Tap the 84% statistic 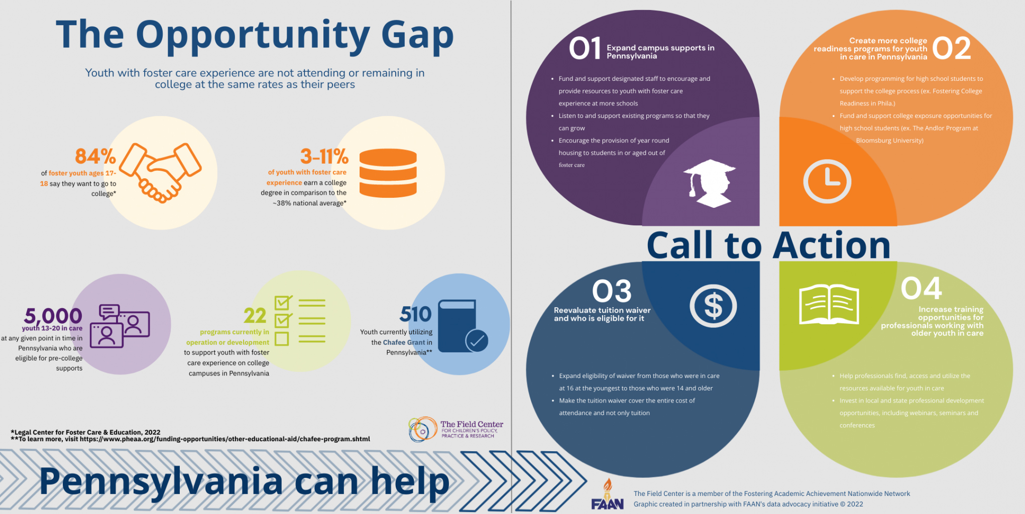pos(95,156)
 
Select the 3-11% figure pos(324,156)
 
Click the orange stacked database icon pos(388,173)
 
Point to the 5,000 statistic pos(53,316)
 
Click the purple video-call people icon pos(120,326)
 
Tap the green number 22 pos(255,315)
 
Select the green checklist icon pos(300,320)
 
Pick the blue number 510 pos(415,314)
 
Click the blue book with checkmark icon pos(463,326)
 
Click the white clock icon pos(827,181)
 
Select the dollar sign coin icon pos(713,306)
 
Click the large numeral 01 pos(585,48)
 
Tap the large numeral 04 pos(921,288)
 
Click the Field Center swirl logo pos(422,429)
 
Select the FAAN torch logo pos(607,494)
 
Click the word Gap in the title pos(417,35)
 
